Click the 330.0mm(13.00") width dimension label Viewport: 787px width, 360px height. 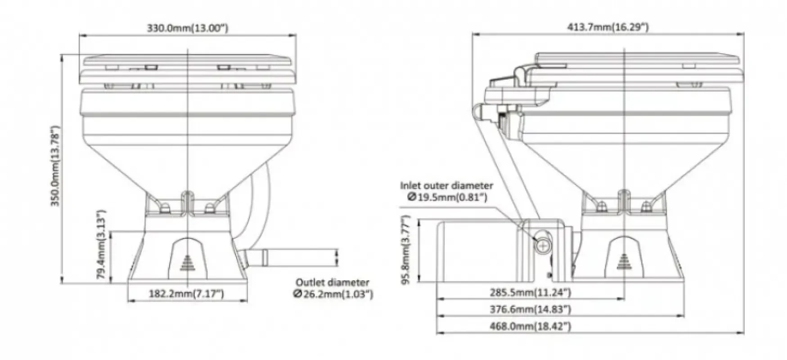(188, 28)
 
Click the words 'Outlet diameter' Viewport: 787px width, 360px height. (332, 283)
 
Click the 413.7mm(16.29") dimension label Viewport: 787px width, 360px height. (607, 27)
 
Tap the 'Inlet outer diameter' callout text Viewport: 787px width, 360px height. (447, 185)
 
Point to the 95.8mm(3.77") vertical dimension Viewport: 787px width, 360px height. (406, 251)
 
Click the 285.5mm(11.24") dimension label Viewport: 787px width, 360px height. (530, 293)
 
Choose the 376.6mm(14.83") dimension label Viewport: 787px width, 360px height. (530, 310)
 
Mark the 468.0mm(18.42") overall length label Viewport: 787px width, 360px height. (530, 326)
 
